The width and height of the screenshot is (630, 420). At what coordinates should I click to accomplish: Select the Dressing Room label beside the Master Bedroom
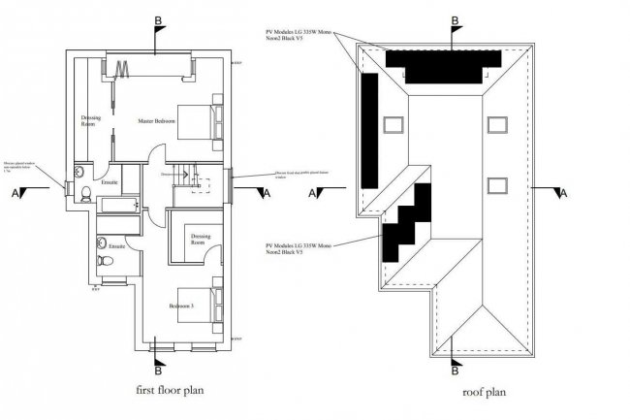[x=89, y=121]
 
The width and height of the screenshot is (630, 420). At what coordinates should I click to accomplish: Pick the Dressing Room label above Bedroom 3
[x=202, y=240]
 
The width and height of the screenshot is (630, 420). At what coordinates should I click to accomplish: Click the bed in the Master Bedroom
[x=205, y=121]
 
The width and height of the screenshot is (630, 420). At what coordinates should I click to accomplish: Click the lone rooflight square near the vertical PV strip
[x=392, y=123]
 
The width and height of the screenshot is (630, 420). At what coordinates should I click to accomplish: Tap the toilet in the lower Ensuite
[x=103, y=244]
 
